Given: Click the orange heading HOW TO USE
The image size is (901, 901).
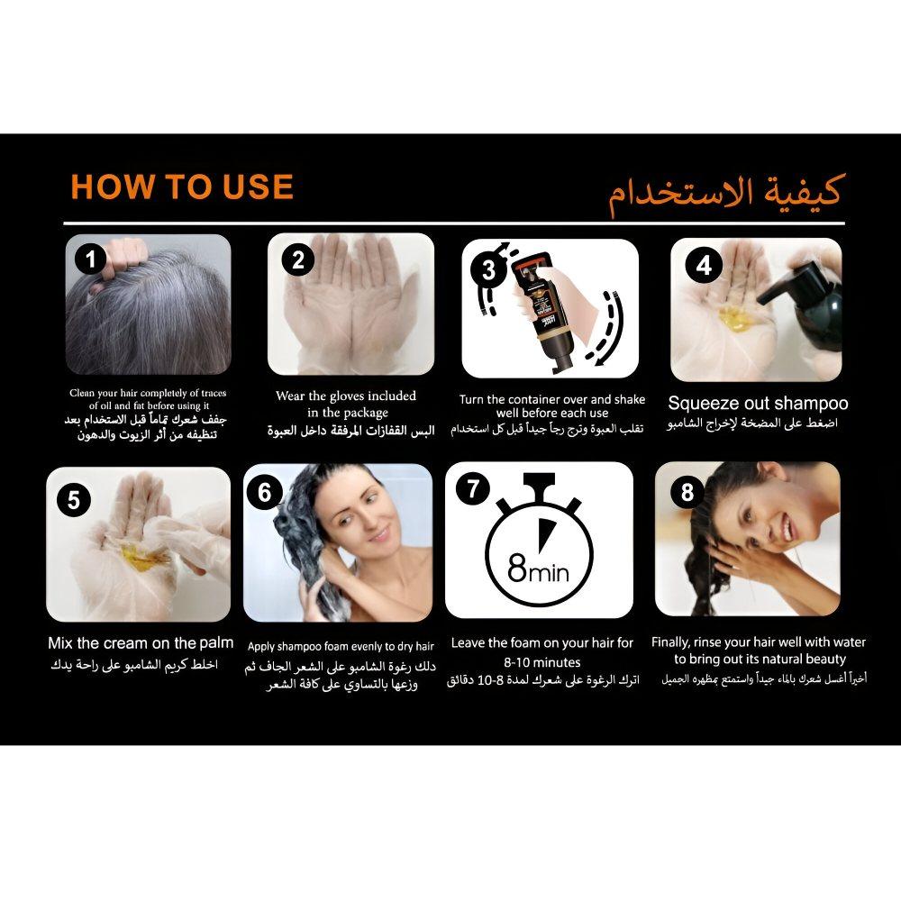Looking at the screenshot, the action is click(x=182, y=187).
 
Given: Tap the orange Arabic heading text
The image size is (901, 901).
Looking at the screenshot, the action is click(x=726, y=194).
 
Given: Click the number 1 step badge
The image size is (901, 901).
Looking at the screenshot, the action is click(x=90, y=259).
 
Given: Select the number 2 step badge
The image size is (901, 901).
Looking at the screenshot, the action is click(x=297, y=259).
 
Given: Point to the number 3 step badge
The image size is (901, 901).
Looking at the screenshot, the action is click(x=487, y=269).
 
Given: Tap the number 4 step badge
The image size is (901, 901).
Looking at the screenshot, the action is click(x=704, y=266).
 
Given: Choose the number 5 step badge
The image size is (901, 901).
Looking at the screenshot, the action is click(x=74, y=500).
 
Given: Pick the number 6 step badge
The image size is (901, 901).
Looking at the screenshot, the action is click(x=264, y=493).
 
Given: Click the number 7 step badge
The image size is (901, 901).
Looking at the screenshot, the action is click(x=472, y=488).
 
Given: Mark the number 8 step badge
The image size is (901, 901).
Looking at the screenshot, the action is click(x=687, y=493).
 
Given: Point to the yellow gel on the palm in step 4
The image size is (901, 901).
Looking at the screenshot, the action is click(x=733, y=316).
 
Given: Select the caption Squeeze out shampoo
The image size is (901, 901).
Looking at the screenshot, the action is click(x=758, y=404).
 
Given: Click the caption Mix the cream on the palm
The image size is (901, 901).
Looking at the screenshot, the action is click(x=141, y=643).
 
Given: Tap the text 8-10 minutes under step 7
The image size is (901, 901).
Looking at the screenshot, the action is click(x=542, y=662).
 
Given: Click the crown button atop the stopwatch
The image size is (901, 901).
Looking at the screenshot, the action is click(x=539, y=481).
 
